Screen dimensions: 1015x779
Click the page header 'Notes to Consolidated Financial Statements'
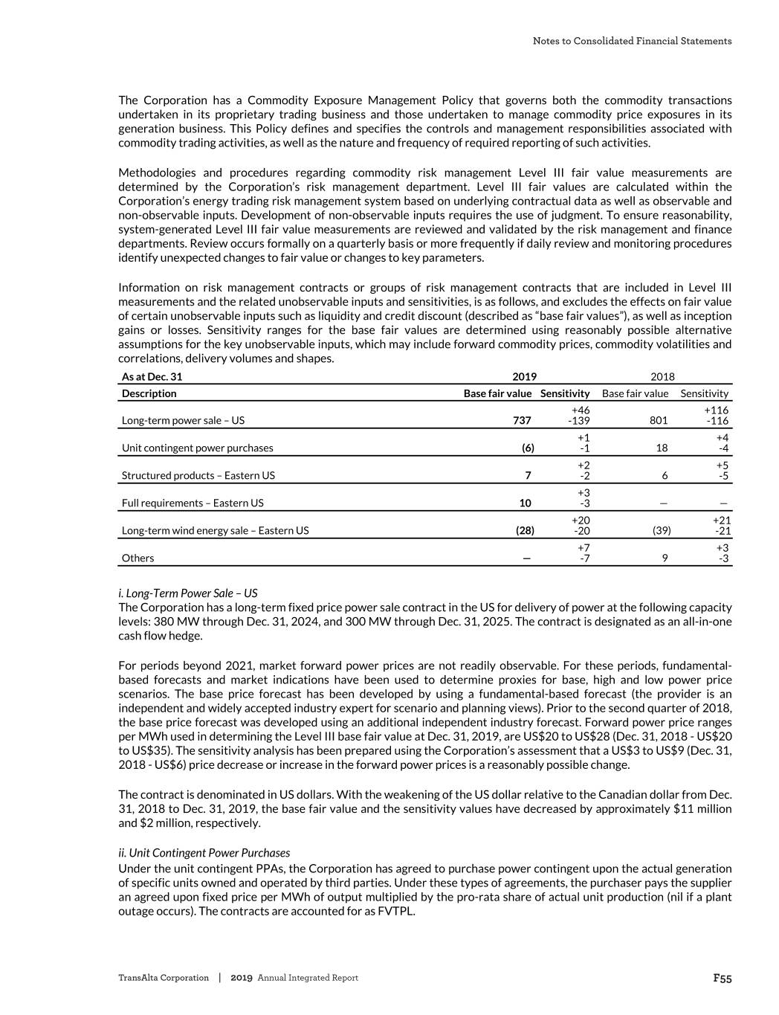pyautogui.click(x=632, y=41)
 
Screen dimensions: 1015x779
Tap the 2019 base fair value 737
pyautogui.click(x=522, y=420)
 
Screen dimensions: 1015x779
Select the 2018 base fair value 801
pyautogui.click(x=658, y=420)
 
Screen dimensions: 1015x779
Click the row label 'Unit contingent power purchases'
pyautogui.click(x=197, y=448)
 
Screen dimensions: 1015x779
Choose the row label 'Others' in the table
pyautogui.click(x=138, y=558)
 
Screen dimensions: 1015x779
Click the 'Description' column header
pyautogui.click(x=149, y=393)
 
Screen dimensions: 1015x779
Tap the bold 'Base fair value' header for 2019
pyautogui.click(x=497, y=393)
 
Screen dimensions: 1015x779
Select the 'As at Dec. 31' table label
pyautogui.click(x=152, y=377)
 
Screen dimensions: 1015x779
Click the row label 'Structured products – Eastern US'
pyautogui.click(x=198, y=475)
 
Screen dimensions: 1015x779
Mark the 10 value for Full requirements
pyautogui.click(x=525, y=503)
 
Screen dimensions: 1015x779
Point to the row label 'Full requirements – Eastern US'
pyautogui.click(x=192, y=503)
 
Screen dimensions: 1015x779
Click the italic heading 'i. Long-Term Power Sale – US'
pyautogui.click(x=187, y=593)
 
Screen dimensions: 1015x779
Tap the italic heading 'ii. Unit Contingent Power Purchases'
pyautogui.click(x=204, y=853)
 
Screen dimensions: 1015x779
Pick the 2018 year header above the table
pyautogui.click(x=662, y=377)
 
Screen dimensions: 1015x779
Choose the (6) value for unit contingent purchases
pyautogui.click(x=527, y=448)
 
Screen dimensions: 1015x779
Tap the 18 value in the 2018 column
pyautogui.click(x=662, y=448)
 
